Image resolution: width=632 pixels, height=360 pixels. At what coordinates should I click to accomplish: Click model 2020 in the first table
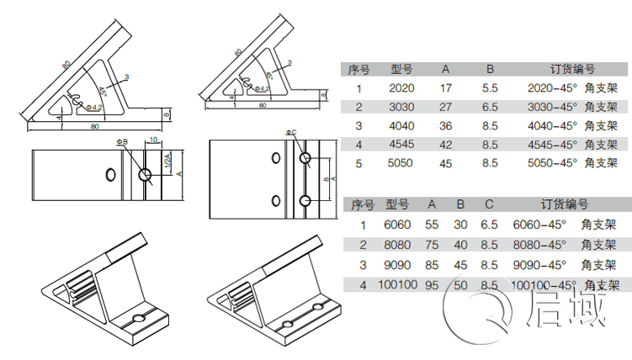(401, 87)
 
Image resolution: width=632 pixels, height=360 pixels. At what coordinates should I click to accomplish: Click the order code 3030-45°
(552, 107)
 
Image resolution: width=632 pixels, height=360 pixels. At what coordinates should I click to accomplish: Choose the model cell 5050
(401, 163)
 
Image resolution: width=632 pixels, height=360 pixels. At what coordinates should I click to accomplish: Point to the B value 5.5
(490, 87)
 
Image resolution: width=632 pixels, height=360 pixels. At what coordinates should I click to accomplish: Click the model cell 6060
(397, 225)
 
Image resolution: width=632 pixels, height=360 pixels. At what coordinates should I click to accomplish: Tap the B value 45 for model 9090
(460, 264)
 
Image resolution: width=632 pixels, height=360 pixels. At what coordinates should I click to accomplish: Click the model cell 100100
(397, 284)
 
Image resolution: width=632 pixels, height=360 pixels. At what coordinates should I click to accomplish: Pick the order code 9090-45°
(539, 264)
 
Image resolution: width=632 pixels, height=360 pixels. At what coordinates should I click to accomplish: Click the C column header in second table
(488, 204)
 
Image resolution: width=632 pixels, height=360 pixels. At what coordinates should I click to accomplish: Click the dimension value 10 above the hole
(153, 140)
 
